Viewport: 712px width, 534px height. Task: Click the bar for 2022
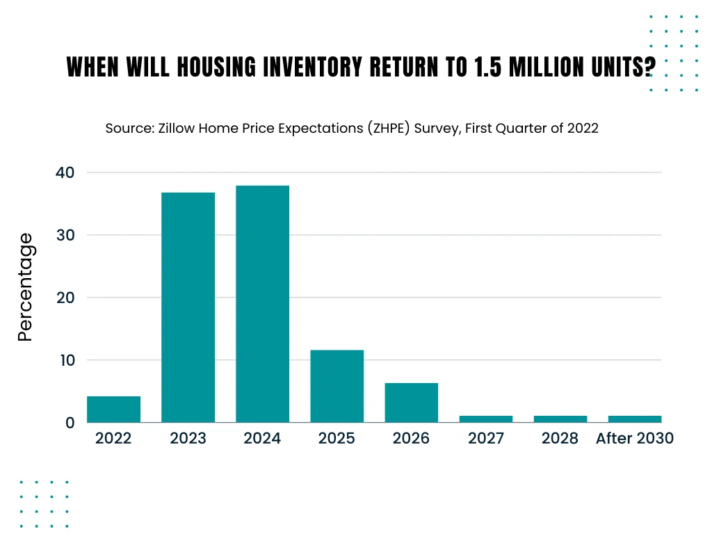113,410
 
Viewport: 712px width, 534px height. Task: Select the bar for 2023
188,307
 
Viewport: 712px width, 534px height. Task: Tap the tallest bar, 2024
262,304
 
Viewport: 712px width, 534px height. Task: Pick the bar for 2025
337,386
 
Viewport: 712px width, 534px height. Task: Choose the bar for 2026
411,403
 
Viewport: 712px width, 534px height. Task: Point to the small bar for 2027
485,419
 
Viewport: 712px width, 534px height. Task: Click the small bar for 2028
560,419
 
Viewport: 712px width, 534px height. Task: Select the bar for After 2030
635,419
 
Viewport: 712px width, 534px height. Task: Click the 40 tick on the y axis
65,172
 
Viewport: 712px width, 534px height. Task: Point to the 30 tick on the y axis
65,235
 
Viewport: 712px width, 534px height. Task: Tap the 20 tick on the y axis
65,298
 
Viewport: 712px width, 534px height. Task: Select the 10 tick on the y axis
65,360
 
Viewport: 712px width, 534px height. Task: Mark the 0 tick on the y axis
70,423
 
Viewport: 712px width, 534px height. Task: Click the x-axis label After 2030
635,439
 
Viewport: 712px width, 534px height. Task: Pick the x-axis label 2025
337,439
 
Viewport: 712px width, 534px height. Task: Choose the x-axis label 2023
188,439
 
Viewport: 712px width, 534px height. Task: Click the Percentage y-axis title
26,287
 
